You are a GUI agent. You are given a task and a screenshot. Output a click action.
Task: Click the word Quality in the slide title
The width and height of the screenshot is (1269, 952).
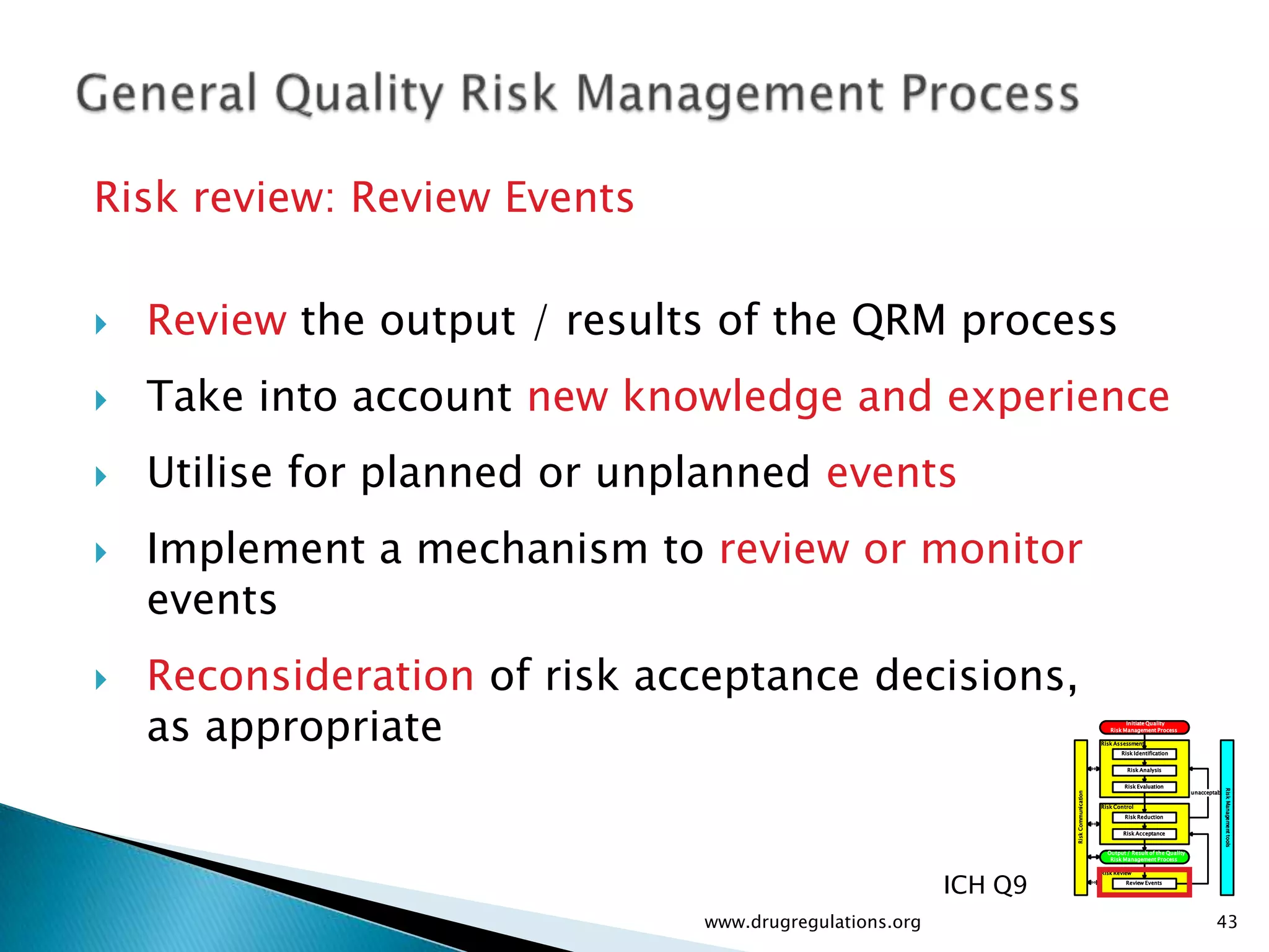point(359,94)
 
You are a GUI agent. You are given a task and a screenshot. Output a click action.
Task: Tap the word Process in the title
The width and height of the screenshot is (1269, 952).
point(990,94)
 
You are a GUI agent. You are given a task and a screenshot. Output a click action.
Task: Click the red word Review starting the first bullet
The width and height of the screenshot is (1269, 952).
point(217,320)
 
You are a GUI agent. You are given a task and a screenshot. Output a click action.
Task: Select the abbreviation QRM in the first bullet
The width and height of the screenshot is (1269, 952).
point(898,320)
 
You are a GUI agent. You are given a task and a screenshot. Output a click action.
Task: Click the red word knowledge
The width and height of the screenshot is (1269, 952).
point(732,397)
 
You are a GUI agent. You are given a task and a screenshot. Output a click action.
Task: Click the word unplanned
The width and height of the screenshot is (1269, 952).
point(703,473)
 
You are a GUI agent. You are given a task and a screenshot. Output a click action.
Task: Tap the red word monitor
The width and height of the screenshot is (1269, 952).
point(1001,549)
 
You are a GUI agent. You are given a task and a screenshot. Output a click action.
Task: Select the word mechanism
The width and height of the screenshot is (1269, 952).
point(532,549)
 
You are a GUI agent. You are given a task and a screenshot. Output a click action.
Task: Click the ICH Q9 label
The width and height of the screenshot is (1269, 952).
point(985,885)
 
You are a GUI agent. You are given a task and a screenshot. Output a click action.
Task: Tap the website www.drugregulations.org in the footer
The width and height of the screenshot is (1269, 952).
point(812,922)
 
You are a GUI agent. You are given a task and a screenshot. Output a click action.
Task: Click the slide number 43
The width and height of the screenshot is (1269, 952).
point(1227,922)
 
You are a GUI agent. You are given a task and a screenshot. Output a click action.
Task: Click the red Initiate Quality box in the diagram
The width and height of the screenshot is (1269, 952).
point(1144,727)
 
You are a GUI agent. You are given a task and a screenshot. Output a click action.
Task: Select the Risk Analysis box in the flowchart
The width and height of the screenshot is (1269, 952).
point(1144,770)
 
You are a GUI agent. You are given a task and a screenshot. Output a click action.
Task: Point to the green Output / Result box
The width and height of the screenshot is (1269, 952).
point(1144,857)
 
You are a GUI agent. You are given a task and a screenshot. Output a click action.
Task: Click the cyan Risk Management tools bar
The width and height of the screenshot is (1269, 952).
point(1227,817)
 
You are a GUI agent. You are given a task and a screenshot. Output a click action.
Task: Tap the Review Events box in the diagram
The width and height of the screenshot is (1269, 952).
point(1144,883)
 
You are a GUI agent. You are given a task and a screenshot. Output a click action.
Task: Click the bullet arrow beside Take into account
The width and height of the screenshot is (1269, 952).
point(101,400)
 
